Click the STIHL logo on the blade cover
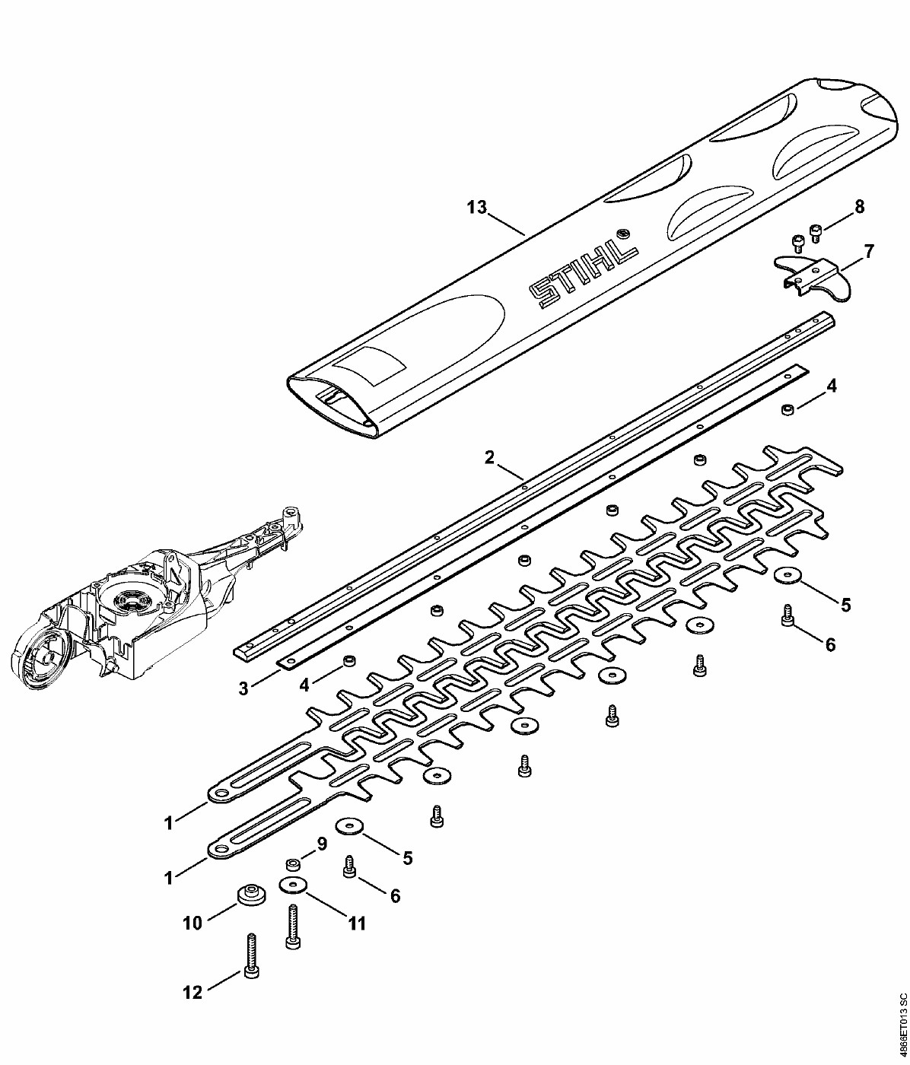tap(584, 274)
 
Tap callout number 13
tap(476, 208)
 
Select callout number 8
tap(859, 207)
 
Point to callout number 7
tap(869, 252)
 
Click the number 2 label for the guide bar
tap(489, 456)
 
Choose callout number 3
tap(243, 688)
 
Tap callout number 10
tap(192, 924)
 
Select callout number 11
tap(356, 924)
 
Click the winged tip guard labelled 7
tap(812, 278)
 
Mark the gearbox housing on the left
tap(154, 598)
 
